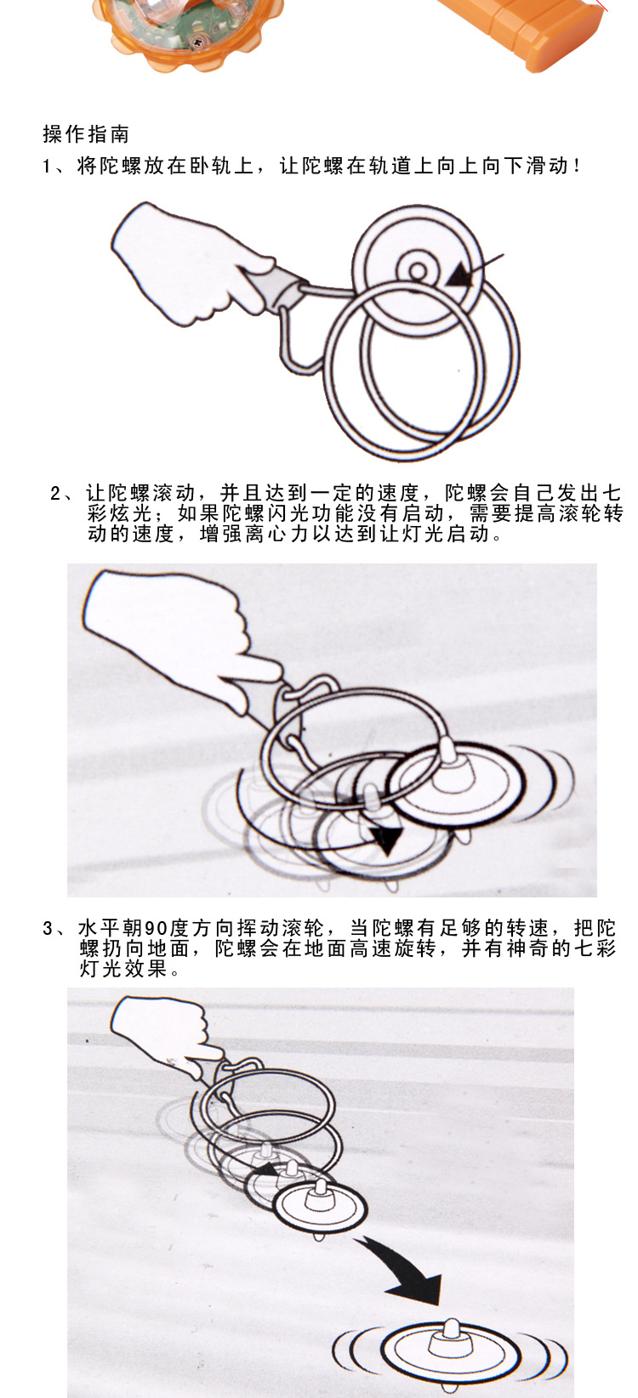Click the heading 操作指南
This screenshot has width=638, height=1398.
[x=86, y=134]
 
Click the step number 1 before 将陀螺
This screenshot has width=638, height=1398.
[x=47, y=167]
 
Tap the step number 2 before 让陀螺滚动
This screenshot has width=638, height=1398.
[x=55, y=495]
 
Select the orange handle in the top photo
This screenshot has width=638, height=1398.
[x=525, y=31]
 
